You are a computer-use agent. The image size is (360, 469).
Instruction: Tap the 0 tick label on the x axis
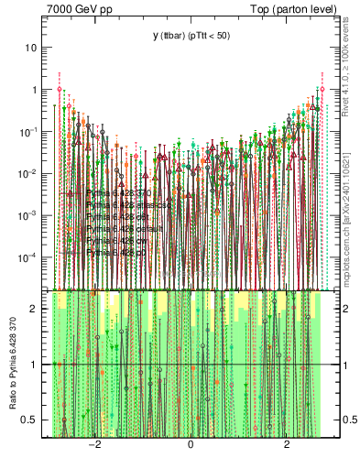point(191,445)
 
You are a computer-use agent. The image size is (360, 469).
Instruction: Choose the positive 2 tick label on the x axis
point(287,445)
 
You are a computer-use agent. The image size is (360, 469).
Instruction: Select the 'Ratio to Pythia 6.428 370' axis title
point(12,366)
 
